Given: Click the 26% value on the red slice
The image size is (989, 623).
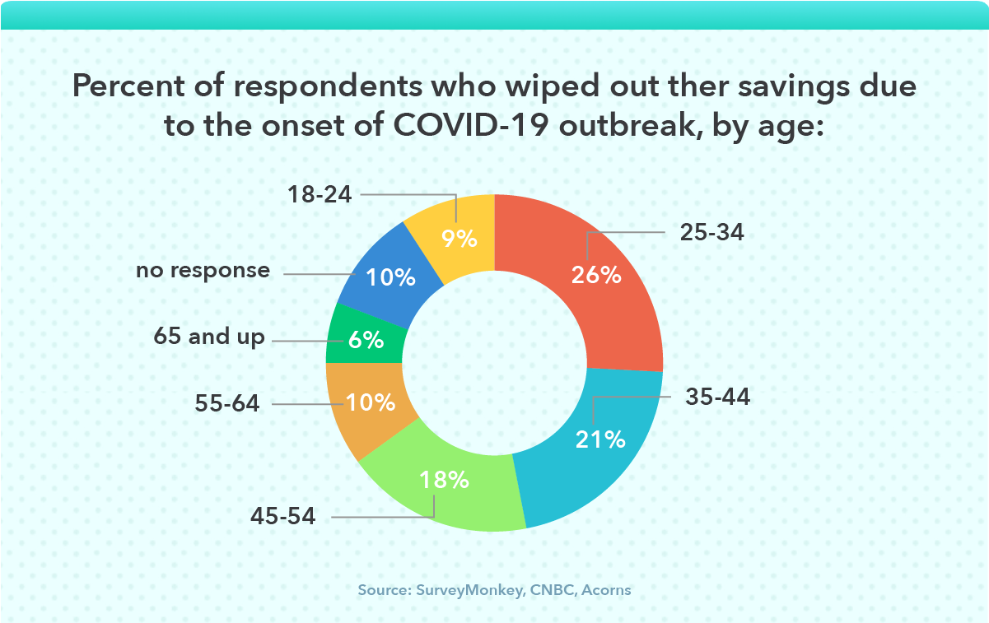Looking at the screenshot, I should [596, 275].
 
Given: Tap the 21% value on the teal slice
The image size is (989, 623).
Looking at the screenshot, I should [600, 439].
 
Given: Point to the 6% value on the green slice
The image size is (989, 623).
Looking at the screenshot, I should [366, 340].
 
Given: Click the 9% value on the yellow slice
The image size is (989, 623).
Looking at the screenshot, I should [459, 239].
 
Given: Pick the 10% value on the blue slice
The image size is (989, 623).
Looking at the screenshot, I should [391, 278].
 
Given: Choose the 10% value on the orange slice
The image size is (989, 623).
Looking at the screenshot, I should [371, 403].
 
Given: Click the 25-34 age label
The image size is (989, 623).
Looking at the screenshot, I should [712, 233].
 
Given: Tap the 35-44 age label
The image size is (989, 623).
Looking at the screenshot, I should [718, 398].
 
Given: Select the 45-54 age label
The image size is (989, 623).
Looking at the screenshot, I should [283, 517].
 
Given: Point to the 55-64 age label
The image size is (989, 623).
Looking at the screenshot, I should [227, 404].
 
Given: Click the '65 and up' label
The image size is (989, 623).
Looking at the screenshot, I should [210, 337].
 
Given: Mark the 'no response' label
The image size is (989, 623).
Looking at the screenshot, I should [203, 270].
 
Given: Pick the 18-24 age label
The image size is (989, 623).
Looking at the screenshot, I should [320, 195].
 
